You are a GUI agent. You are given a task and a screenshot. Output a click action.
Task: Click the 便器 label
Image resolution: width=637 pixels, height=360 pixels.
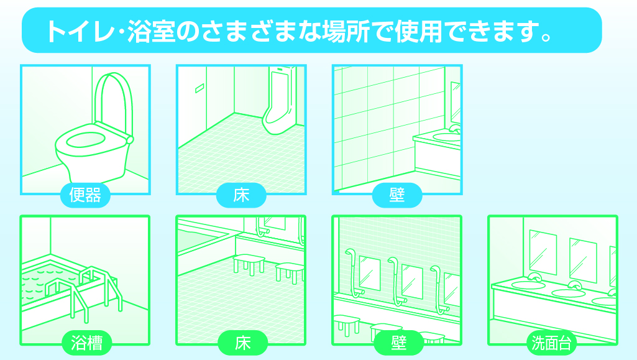pos(85,196)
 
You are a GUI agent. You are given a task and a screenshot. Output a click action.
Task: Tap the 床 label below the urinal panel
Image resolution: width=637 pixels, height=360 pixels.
pos(241,196)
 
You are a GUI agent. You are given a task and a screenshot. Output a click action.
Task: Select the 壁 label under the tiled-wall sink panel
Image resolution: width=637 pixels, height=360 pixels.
pos(397,196)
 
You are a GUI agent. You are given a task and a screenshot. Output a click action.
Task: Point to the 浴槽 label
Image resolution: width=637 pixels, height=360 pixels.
pos(86,343)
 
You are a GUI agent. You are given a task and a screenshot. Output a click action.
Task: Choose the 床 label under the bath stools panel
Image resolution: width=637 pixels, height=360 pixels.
pos(242,343)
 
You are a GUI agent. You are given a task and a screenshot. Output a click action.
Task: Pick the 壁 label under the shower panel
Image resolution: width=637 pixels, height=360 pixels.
pos(398,343)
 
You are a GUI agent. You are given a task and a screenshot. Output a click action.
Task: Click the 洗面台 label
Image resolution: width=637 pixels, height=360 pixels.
pos(552,343)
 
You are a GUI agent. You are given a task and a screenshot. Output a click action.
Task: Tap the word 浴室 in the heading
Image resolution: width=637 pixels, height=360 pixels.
pos(149,31)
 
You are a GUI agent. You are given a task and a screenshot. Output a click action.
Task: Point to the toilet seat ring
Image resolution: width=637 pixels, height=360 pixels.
pos(87,137)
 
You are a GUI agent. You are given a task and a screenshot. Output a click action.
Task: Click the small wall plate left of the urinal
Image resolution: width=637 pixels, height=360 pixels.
pos(199,88)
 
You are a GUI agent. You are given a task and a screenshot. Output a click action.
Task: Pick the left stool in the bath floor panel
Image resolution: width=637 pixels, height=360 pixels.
pos(249,262)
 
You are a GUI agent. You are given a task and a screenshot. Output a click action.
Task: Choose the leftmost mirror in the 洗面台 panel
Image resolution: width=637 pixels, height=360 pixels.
pos(542,251)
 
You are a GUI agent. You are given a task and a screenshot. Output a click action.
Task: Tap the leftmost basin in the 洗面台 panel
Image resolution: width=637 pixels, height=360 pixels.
pos(528,285)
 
